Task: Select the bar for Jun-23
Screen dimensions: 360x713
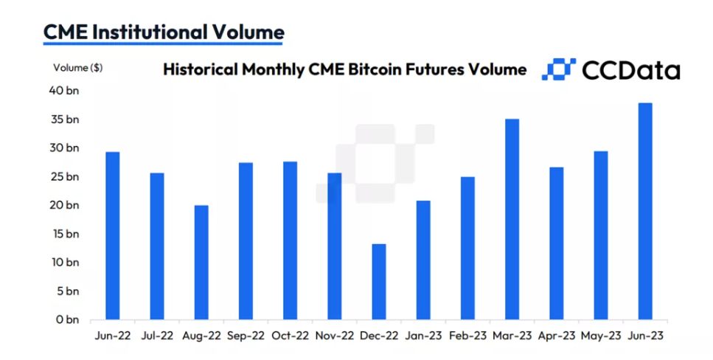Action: pyautogui.click(x=644, y=212)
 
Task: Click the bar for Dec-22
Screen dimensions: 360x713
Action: pyautogui.click(x=378, y=283)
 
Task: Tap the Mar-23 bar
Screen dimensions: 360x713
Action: pyautogui.click(x=512, y=220)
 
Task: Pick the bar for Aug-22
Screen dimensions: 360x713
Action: pyautogui.click(x=201, y=263)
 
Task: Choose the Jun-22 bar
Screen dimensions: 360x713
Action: pyautogui.click(x=113, y=236)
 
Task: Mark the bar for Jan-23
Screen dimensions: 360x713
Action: pyautogui.click(x=422, y=260)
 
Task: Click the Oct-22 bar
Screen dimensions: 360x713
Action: pyautogui.click(x=290, y=241)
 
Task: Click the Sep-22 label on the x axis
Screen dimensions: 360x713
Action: pyautogui.click(x=246, y=336)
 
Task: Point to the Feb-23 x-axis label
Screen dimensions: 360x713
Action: pyautogui.click(x=467, y=336)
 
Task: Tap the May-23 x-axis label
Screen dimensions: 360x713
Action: pyautogui.click(x=601, y=336)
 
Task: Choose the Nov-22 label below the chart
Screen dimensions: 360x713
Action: pyautogui.click(x=334, y=336)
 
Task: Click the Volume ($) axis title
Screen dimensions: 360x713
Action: pyautogui.click(x=78, y=68)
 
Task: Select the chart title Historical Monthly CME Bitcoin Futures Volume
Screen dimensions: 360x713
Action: pyautogui.click(x=344, y=69)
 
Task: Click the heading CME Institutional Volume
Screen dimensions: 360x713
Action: pyautogui.click(x=163, y=32)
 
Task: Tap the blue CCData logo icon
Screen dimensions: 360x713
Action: pyautogui.click(x=558, y=69)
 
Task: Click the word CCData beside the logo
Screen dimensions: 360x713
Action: pyautogui.click(x=631, y=69)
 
